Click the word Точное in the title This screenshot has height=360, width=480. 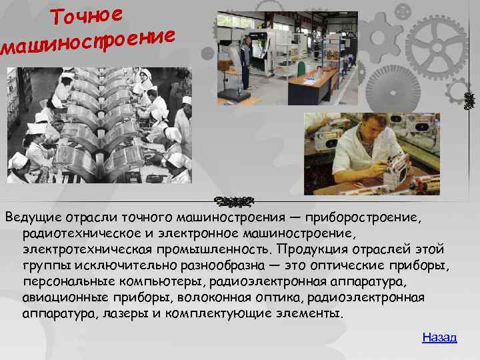click(87, 15)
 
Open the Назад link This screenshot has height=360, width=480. click(439, 337)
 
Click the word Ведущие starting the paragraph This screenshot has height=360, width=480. click(31, 217)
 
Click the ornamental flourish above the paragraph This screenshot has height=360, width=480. click(233, 200)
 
